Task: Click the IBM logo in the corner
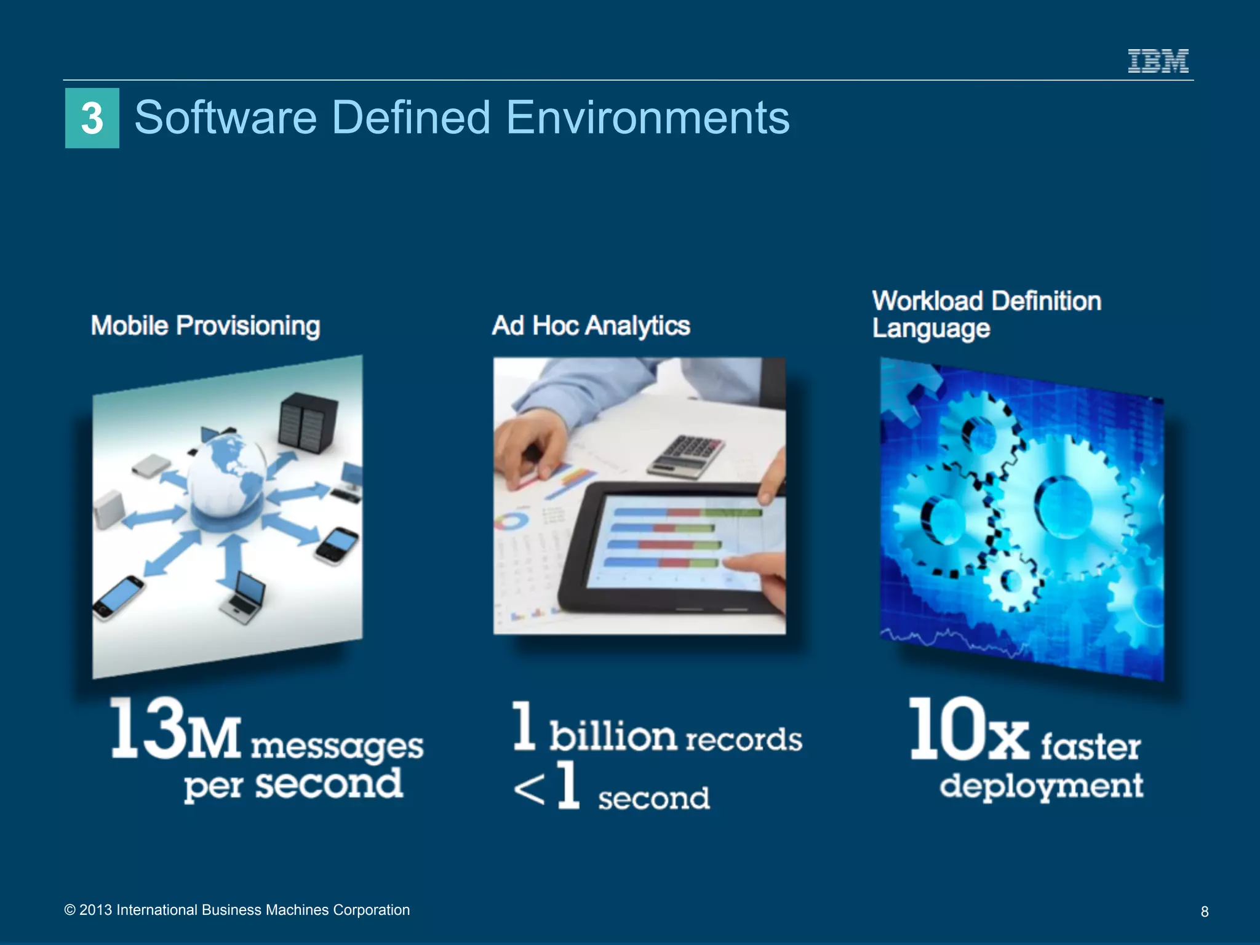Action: coord(1158,62)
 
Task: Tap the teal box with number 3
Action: coord(92,118)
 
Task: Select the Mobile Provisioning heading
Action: coord(205,325)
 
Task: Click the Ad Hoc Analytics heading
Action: coord(591,325)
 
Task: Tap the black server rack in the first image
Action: coord(308,425)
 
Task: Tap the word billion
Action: coord(613,735)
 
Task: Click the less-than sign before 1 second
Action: coord(529,791)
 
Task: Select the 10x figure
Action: coord(968,731)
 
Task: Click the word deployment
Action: coord(1041,786)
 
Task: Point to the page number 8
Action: coord(1205,912)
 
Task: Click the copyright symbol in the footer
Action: coord(70,910)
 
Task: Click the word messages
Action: coord(337,747)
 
